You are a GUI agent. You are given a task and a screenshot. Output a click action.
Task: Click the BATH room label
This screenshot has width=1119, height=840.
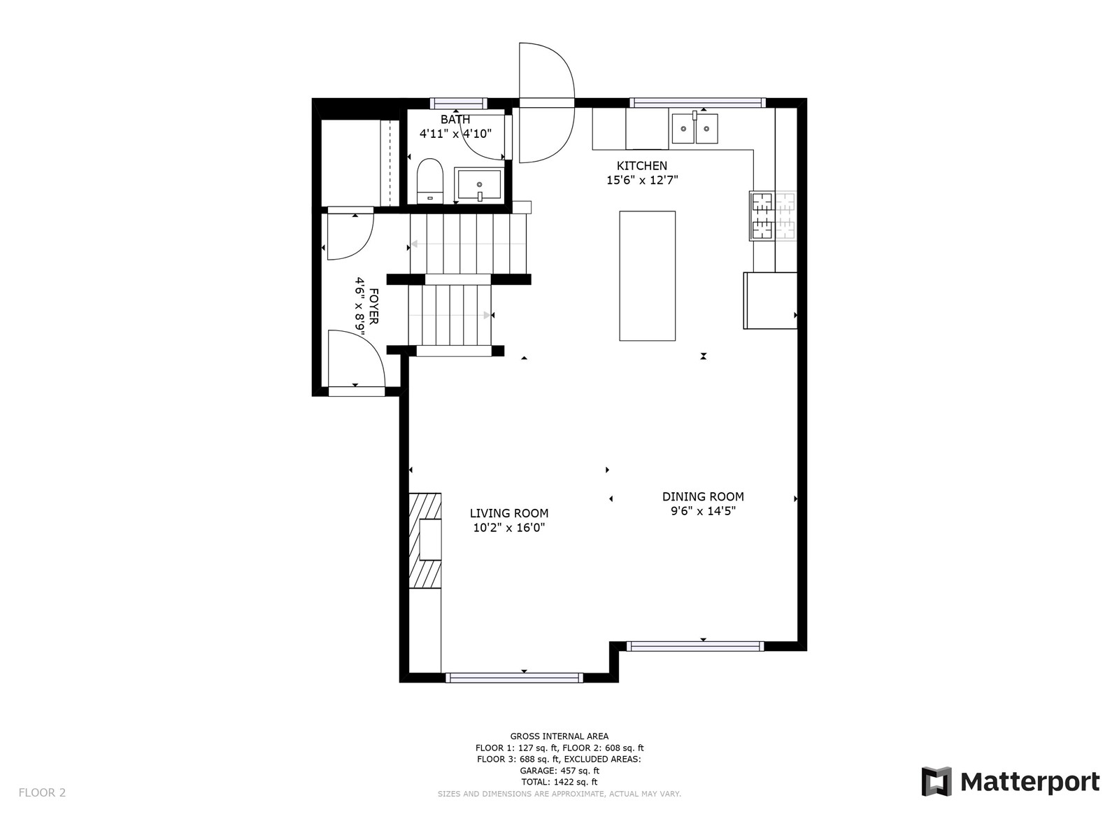coord(455,119)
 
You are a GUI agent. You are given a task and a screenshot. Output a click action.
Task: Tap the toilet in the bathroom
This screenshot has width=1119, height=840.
coord(429,181)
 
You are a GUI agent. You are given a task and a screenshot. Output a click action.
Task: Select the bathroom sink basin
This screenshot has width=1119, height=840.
coord(479,184)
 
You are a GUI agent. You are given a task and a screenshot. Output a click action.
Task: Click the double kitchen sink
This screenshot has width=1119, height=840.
coord(694,129)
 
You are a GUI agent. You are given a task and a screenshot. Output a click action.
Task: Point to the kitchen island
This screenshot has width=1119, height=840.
coord(647,276)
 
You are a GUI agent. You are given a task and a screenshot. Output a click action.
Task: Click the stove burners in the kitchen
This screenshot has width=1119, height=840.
coord(772,216)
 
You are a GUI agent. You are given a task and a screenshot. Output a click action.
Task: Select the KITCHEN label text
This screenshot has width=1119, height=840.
coord(641,166)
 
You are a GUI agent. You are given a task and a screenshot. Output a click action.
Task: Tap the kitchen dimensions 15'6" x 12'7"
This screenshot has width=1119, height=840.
coord(642,180)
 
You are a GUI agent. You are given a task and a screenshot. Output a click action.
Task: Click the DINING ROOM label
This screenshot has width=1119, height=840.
coord(702,496)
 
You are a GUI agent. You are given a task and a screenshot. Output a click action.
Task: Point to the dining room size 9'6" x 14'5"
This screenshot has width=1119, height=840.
coord(703,511)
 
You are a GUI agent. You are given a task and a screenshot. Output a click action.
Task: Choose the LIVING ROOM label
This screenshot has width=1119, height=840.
coord(508,513)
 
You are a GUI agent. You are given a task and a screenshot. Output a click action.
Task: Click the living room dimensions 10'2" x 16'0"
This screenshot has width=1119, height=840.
coord(508,527)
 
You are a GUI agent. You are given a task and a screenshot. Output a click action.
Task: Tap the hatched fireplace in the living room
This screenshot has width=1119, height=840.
coord(425,540)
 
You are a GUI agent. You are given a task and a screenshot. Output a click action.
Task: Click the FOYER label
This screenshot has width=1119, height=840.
coord(373,306)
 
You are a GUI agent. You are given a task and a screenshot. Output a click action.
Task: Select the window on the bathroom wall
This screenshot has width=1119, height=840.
coord(458,103)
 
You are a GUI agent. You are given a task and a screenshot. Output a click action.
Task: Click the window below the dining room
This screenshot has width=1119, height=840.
coord(695,646)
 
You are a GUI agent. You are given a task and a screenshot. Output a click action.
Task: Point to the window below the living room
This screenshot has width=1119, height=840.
coord(514,678)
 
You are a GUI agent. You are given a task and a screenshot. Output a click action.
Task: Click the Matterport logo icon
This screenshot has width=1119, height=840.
coord(936,781)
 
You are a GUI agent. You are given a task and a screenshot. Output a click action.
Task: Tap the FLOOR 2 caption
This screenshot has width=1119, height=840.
coord(43,792)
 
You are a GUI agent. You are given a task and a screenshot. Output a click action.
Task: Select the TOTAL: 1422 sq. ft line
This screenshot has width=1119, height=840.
coord(559,782)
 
